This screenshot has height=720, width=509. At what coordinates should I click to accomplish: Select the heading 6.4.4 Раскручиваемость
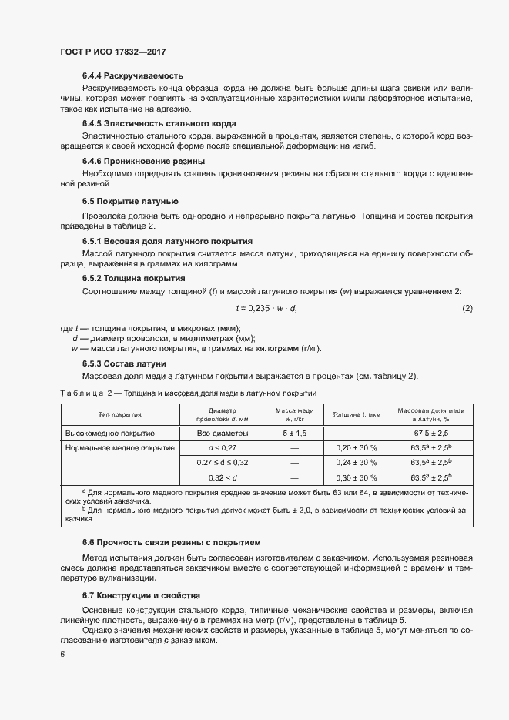click(x=132, y=75)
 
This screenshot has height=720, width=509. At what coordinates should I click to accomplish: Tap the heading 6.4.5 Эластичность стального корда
click(x=159, y=123)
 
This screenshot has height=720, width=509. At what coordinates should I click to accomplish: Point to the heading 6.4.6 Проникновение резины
click(x=143, y=161)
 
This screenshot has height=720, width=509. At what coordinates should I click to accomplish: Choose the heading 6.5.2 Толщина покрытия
click(x=133, y=277)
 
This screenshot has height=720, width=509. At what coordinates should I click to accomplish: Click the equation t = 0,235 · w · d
click(x=266, y=309)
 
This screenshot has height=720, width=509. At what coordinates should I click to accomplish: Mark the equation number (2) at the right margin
click(x=467, y=309)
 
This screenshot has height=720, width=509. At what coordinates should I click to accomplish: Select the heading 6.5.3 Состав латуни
click(x=124, y=363)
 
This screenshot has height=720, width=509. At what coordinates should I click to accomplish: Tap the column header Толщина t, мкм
click(x=357, y=414)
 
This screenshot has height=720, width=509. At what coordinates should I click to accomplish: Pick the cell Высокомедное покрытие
click(x=110, y=434)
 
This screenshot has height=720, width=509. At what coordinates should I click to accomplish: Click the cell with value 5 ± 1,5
click(x=294, y=434)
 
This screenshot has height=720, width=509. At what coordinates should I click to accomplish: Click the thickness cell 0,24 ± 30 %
click(x=357, y=463)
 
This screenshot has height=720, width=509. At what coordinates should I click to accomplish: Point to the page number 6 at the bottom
click(x=62, y=655)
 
